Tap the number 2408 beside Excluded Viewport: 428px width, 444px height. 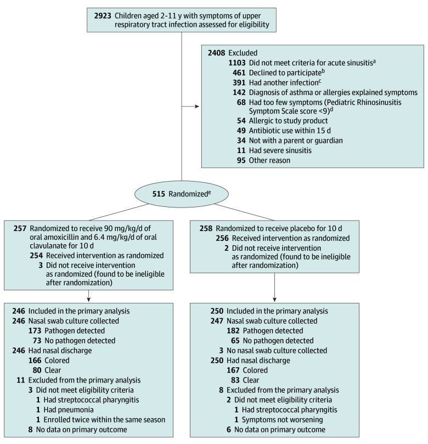coord(218,53)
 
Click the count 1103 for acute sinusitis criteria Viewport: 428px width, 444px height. coord(239,63)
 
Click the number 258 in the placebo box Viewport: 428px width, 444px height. coord(206,228)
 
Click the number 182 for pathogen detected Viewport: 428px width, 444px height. coord(235,331)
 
